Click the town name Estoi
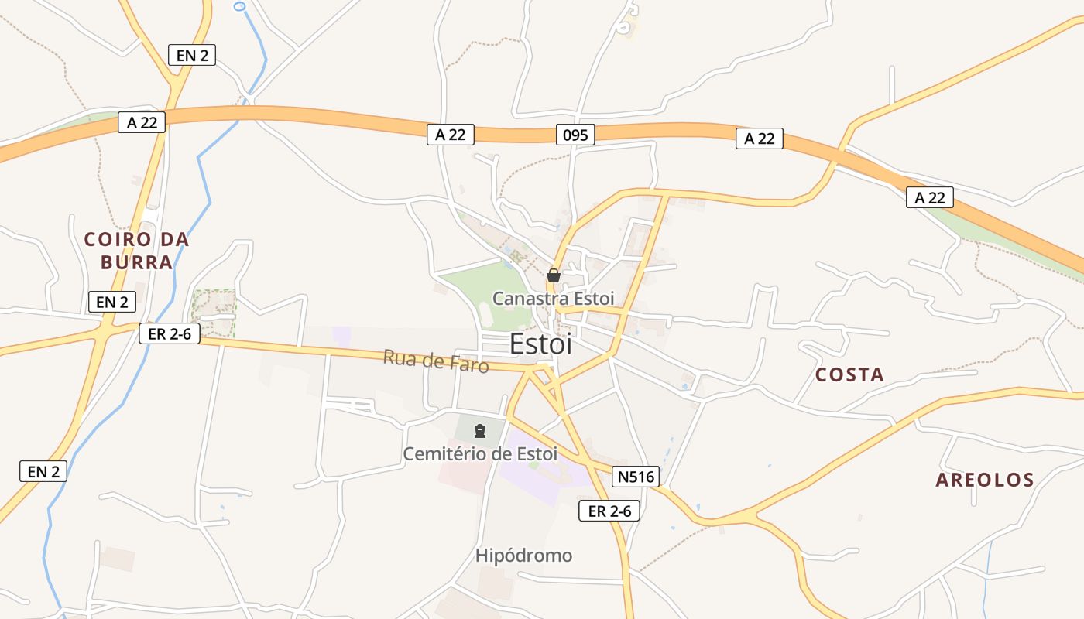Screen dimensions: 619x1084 coord(541,344)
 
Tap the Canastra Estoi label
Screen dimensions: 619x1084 coord(553,298)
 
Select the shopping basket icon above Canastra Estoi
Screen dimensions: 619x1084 coord(553,275)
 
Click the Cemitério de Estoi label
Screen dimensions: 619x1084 coord(480,453)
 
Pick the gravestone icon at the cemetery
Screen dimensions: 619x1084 coord(480,430)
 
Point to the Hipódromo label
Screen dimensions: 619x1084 coord(523,556)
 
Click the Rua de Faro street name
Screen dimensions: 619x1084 coord(436,361)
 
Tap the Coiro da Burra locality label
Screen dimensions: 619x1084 coord(136,251)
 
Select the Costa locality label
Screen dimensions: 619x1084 coord(849,375)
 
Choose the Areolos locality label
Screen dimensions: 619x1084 coord(985,480)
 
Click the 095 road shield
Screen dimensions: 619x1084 coord(575,135)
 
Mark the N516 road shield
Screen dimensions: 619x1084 coord(636,477)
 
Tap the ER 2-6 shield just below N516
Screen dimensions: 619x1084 coord(609,511)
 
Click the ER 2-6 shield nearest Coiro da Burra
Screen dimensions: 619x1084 coord(170,333)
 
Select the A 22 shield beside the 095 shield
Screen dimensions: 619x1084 coord(450,135)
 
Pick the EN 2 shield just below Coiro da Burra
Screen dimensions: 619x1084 coord(112,302)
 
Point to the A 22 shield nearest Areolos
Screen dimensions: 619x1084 coord(929,197)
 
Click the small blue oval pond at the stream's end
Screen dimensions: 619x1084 coord(239,6)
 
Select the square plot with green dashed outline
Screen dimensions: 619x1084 coord(214,313)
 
